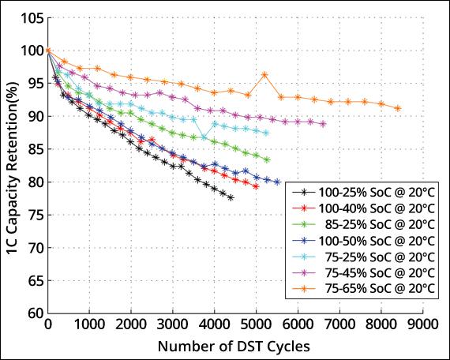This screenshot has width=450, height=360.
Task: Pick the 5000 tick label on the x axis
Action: tap(256, 324)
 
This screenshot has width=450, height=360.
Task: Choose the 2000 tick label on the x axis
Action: tap(131, 324)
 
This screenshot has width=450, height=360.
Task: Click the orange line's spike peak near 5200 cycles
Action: tap(264, 74)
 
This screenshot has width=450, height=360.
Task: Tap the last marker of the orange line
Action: tap(397, 108)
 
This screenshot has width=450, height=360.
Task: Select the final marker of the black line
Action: tap(231, 197)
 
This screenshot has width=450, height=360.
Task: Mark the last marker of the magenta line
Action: tap(323, 124)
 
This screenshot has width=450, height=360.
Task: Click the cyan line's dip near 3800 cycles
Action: tap(204, 137)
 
